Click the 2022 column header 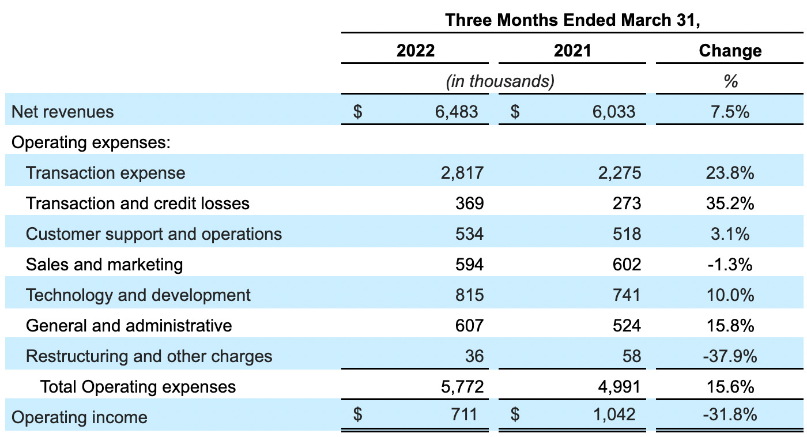(415, 51)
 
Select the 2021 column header (572, 51)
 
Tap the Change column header (730, 51)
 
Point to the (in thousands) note (500, 81)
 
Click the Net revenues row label (63, 111)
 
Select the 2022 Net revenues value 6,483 (457, 111)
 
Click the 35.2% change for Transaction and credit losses (730, 203)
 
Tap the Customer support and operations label (154, 233)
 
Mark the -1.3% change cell (730, 264)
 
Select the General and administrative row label (129, 325)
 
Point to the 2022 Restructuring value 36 (474, 356)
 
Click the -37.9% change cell (730, 356)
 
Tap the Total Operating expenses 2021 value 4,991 (618, 386)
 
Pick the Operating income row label (80, 417)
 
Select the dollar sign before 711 (357, 414)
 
